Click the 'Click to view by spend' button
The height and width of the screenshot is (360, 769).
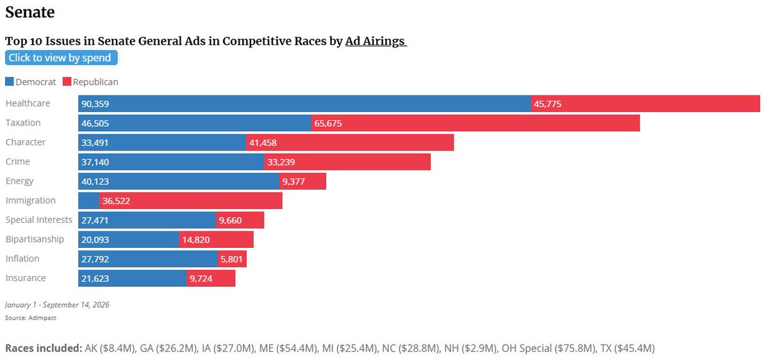[61, 58]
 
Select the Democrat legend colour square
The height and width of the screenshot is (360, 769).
[9, 82]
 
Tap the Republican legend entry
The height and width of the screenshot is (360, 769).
[90, 82]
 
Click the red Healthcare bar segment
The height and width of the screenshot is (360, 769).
[645, 104]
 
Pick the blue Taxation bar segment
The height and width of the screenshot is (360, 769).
[195, 123]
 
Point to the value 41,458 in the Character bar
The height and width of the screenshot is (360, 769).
[263, 143]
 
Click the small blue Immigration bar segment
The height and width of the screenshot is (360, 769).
[89, 200]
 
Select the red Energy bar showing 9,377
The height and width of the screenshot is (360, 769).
[302, 181]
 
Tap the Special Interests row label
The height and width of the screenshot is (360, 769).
[39, 220]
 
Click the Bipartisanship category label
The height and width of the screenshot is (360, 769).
[35, 239]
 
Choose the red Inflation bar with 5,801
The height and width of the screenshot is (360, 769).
[232, 259]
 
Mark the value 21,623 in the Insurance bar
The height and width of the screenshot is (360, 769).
[95, 278]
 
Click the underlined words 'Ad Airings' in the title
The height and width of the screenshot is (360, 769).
[376, 41]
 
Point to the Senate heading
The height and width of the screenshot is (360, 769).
[30, 12]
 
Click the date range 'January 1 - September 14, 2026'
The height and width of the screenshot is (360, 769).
[57, 305]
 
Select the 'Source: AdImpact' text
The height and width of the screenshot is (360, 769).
[31, 318]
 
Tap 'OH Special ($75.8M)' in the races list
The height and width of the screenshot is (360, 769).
[549, 348]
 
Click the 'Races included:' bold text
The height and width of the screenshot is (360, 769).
[44, 348]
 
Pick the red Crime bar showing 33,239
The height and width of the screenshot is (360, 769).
[347, 162]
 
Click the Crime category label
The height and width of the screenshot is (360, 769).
[17, 161]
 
